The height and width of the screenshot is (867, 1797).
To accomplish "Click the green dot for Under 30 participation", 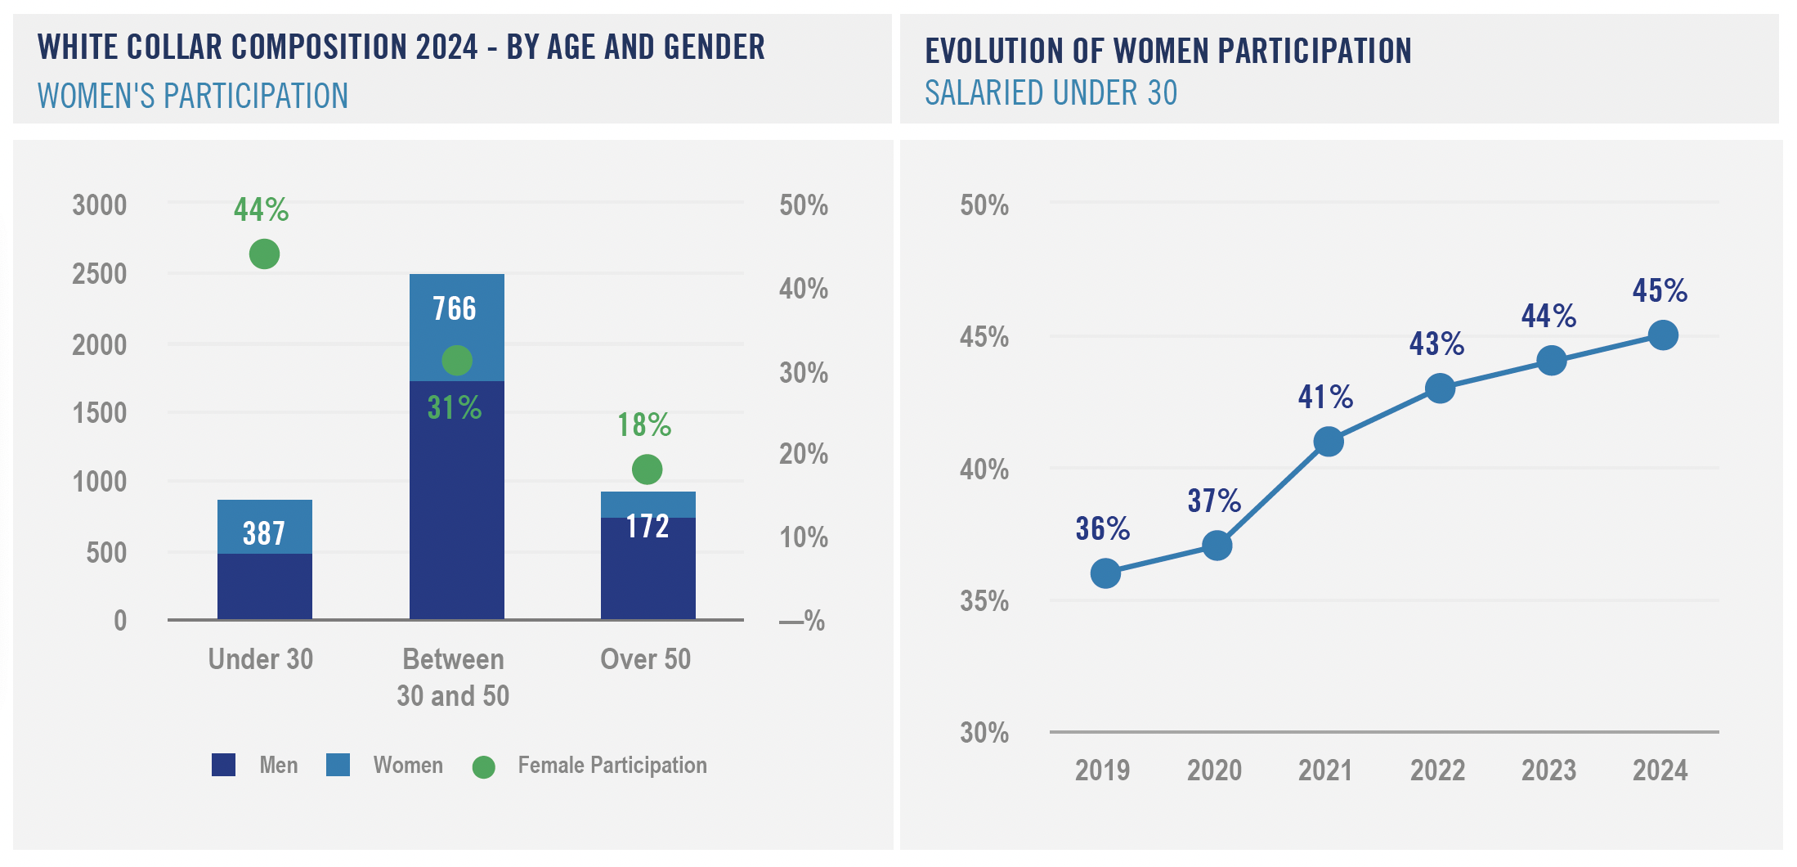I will [x=264, y=254].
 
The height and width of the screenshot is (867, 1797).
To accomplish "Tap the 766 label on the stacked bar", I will [x=455, y=309].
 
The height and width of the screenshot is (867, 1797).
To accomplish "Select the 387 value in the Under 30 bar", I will [x=264, y=533].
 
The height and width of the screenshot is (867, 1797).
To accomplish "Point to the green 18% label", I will [x=644, y=425].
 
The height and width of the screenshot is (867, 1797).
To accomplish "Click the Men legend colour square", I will [x=223, y=765].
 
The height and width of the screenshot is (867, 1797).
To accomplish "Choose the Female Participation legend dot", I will [x=484, y=766].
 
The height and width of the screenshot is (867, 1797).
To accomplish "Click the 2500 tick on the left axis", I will [x=100, y=274].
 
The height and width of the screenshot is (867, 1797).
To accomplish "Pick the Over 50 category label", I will [x=645, y=659].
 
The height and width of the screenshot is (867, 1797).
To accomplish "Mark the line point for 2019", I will [x=1105, y=573].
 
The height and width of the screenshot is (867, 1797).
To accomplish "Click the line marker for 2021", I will [x=1329, y=442].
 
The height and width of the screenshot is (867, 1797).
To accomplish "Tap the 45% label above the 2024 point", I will [x=1660, y=291].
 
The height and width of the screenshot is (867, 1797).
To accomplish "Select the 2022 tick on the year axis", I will [x=1437, y=770].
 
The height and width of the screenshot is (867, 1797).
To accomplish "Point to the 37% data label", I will [x=1214, y=501].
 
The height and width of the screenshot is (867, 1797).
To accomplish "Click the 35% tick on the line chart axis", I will [x=984, y=602].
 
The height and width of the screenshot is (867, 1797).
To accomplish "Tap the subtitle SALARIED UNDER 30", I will [x=1051, y=93].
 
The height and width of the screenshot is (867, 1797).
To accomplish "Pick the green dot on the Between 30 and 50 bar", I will [x=457, y=360].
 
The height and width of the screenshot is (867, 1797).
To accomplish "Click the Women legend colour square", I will [x=338, y=765].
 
